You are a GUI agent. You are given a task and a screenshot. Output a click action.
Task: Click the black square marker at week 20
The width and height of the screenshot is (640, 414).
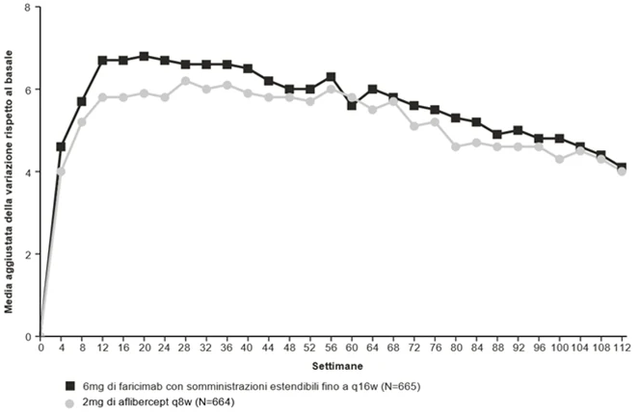(144, 56)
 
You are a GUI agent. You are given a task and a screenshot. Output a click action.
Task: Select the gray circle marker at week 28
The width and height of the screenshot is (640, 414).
(185, 81)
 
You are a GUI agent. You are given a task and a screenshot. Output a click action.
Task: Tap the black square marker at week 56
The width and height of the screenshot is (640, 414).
(331, 77)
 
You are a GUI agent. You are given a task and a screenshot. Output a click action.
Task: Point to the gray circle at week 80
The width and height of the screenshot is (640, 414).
(456, 147)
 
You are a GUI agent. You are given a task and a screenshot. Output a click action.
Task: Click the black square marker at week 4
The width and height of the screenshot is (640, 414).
(61, 147)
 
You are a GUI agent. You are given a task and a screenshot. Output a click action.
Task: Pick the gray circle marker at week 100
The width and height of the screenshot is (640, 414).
(559, 159)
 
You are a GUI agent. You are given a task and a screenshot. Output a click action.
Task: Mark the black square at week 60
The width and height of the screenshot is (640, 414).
(352, 106)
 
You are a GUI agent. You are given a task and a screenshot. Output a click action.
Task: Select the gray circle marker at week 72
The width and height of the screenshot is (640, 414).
(413, 126)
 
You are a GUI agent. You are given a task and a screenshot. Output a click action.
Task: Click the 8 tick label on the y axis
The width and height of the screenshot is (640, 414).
(27, 7)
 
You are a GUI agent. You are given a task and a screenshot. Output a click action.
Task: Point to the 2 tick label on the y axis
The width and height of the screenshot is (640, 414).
(27, 254)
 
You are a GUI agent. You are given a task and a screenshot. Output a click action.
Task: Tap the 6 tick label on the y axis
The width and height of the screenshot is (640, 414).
(27, 90)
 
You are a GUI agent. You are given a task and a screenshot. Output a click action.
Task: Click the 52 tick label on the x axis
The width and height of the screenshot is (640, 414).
(310, 348)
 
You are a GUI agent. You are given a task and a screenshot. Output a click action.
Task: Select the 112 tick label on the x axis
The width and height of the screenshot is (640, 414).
(622, 348)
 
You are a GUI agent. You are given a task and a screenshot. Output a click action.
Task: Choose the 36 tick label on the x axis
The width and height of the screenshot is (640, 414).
(227, 348)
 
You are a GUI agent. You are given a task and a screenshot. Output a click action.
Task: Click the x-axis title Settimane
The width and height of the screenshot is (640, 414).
(337, 366)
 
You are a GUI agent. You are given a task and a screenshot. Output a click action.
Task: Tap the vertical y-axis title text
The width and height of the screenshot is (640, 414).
(9, 182)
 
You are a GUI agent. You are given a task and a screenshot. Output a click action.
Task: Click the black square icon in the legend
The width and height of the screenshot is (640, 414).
(70, 386)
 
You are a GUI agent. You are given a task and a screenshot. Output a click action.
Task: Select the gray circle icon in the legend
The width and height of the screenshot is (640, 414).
(69, 403)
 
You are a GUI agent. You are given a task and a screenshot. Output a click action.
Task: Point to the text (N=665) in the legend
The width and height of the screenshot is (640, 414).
(400, 386)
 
